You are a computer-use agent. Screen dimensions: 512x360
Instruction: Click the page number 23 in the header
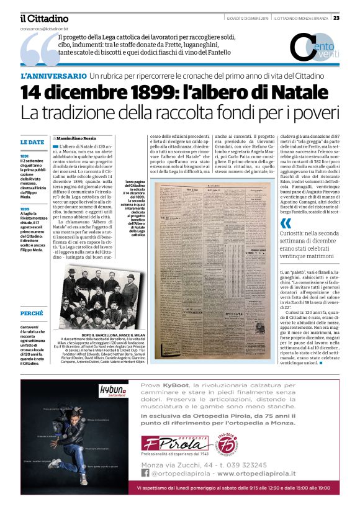pos(353,17)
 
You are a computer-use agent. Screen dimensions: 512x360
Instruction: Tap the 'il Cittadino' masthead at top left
pos(43,19)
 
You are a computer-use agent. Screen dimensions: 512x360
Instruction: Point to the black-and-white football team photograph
pos(99,297)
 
